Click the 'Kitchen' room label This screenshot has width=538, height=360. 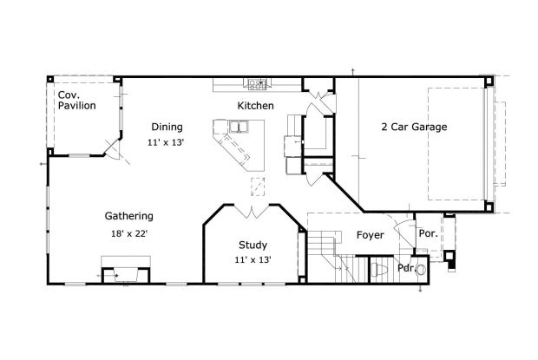point(256,106)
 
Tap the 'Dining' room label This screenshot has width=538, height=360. point(166,126)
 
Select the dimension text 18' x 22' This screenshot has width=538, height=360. point(129,233)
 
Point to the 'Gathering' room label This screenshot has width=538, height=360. point(129,216)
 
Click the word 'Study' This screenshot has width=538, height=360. point(253,245)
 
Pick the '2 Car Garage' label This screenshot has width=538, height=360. point(414,127)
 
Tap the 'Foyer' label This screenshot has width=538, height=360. point(370,235)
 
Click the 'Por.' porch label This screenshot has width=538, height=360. point(427,233)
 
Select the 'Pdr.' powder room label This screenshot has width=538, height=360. point(406,268)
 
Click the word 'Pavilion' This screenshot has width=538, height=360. point(77,106)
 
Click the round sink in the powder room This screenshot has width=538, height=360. point(422,270)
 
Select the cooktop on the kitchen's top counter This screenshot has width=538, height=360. point(257,84)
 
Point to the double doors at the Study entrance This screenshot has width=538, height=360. point(252,211)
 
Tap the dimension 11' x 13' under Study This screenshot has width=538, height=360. point(253,259)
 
